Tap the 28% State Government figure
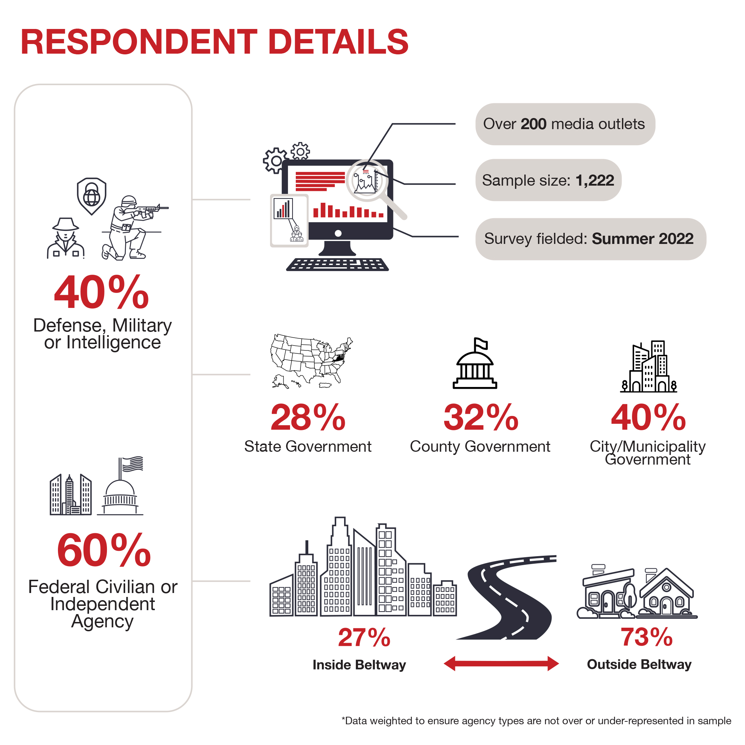pos(308,417)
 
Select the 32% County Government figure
pos(481,417)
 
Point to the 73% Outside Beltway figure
pos(646,637)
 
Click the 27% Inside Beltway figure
pos(364,637)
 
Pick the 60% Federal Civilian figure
pos(104,550)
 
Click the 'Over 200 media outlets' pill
pos(565,124)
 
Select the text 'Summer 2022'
pos(642,239)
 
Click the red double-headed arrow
pos(501,664)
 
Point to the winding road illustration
pos(506,597)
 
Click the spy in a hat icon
pos(65,238)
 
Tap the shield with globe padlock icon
pos(92,196)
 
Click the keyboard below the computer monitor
pos(337,265)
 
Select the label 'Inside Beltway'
pos(359,665)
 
